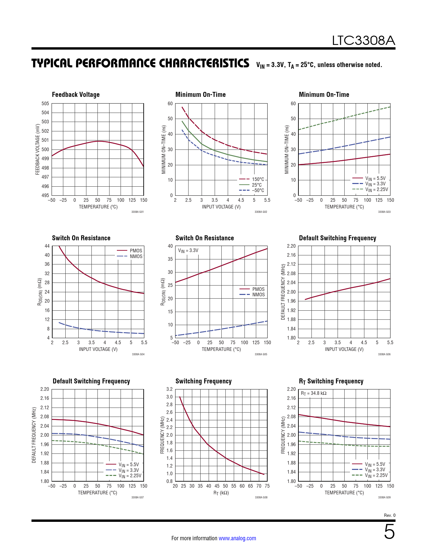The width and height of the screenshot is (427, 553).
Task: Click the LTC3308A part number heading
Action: [363, 41]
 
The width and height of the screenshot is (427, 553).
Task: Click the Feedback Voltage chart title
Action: [76, 95]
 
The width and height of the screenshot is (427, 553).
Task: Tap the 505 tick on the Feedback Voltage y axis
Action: [45, 104]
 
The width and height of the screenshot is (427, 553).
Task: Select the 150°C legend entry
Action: [258, 179]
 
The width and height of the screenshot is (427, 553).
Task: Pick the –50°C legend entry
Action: [258, 190]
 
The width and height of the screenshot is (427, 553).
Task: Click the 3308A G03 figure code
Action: [384, 212]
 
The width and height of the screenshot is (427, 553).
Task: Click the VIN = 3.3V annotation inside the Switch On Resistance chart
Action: [188, 251]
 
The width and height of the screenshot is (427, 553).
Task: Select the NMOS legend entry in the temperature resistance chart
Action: [258, 295]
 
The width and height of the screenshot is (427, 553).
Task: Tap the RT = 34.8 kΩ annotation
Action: [313, 393]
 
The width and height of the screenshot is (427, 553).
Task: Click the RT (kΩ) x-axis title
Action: [221, 493]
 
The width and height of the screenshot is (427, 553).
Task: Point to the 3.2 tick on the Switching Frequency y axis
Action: [169, 389]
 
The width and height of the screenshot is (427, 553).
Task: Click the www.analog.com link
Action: [237, 538]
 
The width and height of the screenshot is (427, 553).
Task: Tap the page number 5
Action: [389, 532]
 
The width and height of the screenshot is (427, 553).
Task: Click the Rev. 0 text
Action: [389, 515]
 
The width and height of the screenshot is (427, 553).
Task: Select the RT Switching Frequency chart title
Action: [331, 381]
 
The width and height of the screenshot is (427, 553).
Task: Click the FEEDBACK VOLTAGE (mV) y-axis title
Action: [38, 149]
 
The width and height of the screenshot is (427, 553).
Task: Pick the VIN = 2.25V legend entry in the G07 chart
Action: [130, 476]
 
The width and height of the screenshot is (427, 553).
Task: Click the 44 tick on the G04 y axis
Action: [47, 246]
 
